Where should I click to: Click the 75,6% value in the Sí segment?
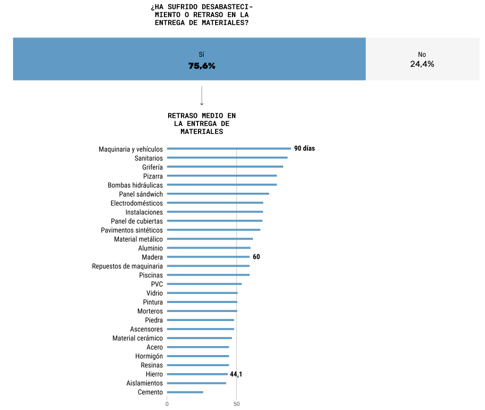tap(202, 66)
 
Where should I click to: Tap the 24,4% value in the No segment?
tap(422, 64)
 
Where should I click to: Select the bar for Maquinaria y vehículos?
tap(229, 149)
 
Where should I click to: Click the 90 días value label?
tap(305, 149)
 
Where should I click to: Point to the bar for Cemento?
tap(185, 392)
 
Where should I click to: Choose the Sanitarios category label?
tap(149, 158)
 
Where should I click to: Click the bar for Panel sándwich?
tap(218, 194)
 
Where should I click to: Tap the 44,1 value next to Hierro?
tap(236, 374)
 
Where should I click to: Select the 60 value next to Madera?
tap(256, 257)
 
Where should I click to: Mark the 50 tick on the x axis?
tap(236, 404)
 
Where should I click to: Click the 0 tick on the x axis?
tap(167, 404)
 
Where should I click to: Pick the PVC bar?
tap(204, 284)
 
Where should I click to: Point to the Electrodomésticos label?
tap(136, 203)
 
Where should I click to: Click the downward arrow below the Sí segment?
tap(202, 96)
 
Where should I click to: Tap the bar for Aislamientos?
tap(197, 383)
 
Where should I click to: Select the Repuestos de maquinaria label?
tap(127, 266)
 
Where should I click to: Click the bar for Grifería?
tap(225, 167)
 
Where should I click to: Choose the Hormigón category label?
tap(149, 356)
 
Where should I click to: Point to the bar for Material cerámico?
tap(199, 338)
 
